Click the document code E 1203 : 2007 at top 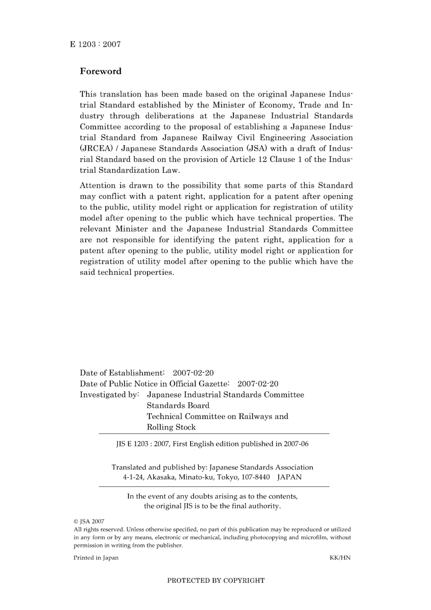point(95,44)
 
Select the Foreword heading point(101,71)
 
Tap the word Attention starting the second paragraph point(98,185)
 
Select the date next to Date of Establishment point(193,373)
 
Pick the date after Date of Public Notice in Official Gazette point(258,384)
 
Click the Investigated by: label point(109,395)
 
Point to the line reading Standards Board point(178,406)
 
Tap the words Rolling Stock point(171,428)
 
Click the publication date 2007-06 point(296,444)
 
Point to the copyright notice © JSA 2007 point(89,522)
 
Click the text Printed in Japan point(96,558)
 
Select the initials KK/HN point(340,558)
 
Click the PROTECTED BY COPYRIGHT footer point(215,581)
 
